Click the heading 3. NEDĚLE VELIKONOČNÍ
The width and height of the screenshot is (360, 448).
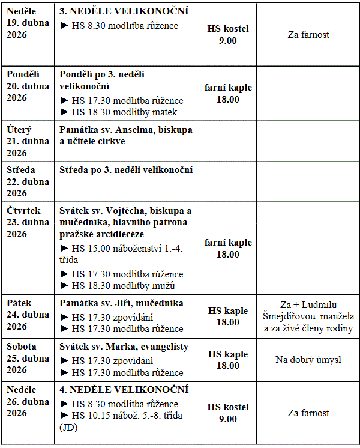[x=124, y=11]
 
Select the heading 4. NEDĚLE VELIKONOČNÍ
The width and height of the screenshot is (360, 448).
[x=124, y=390]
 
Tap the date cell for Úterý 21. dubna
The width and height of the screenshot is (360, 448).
[x=28, y=141]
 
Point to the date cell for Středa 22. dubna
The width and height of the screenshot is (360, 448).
[x=28, y=181]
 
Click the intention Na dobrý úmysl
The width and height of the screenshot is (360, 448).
[x=308, y=359]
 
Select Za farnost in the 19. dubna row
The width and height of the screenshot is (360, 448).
[x=308, y=35]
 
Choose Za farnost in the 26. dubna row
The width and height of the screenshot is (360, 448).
[x=308, y=413]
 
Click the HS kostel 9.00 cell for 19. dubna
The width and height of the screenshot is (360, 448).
[x=227, y=35]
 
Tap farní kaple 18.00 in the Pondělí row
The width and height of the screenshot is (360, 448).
[x=227, y=93]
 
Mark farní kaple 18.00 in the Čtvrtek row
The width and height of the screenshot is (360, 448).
[x=227, y=248]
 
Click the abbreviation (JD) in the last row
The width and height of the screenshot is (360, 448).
[x=69, y=428]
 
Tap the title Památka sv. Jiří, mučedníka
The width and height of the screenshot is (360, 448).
[x=121, y=303]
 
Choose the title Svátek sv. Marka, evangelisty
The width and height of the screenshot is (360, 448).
[x=124, y=347]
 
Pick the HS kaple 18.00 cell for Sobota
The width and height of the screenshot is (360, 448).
[x=227, y=360]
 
